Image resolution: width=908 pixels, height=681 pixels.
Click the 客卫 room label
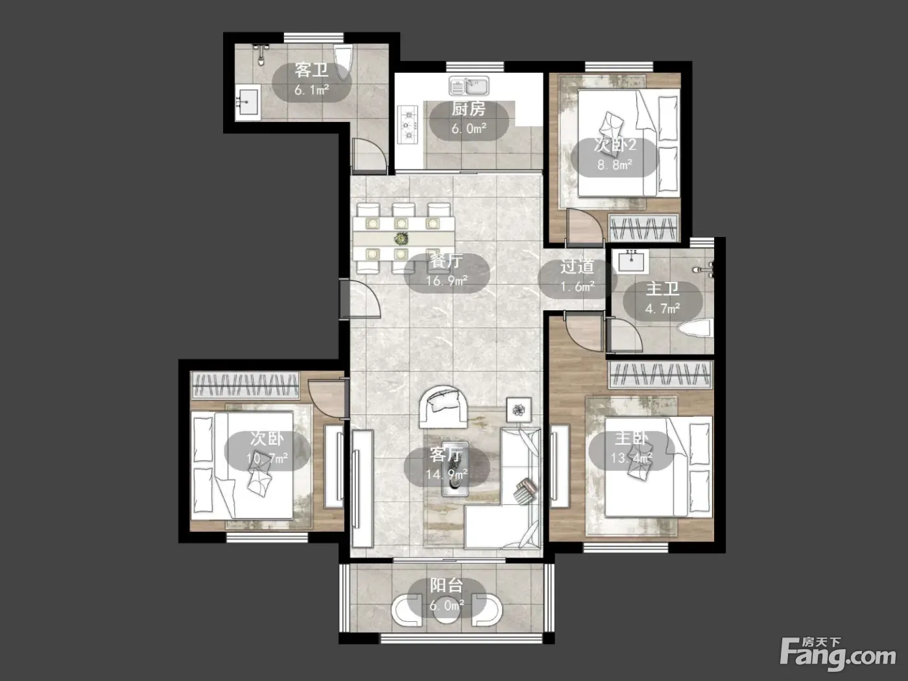coord(311,70)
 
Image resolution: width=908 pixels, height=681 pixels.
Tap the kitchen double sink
coord(469,86)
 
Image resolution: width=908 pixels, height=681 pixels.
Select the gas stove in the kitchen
coord(407,125)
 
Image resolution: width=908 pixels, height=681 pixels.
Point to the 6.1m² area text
coord(311,90)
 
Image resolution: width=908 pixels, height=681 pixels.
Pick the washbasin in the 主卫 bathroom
coord(631,260)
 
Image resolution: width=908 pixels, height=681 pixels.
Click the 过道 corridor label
coord(577,267)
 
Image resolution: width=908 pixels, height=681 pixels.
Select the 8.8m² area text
coord(615,165)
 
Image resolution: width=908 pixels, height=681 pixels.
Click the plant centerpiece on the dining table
coord(401,238)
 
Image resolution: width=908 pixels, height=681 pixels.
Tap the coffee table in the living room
coord(455,469)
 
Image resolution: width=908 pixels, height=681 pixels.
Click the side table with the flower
coord(519,410)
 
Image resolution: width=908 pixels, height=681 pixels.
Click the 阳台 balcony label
coord(446,586)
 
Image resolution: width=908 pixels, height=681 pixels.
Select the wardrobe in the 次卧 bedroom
coord(245,385)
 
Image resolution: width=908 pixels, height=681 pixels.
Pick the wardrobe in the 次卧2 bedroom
coord(643,227)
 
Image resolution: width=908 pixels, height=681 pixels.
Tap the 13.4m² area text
coord(632,458)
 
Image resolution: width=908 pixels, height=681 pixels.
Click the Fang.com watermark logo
coord(838,655)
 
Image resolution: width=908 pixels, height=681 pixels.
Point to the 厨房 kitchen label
coord(468,109)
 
